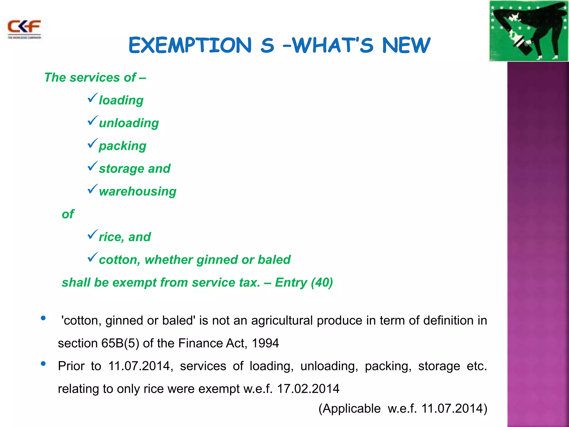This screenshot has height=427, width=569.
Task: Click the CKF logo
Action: [x=24, y=29]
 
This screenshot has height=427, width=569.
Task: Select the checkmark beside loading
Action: [x=92, y=98]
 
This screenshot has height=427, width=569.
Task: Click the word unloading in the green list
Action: [x=129, y=123]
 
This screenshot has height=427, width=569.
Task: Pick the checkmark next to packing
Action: [x=92, y=144]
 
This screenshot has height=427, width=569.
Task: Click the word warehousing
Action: [x=138, y=192]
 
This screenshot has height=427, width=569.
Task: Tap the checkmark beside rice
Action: [x=92, y=235]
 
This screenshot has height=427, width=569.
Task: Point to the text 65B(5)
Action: [x=120, y=343]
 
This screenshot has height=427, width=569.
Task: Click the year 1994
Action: [x=265, y=343]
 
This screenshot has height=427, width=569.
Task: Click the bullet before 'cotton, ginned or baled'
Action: [x=43, y=318]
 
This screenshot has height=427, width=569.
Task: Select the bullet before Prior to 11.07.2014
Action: [x=43, y=364]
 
